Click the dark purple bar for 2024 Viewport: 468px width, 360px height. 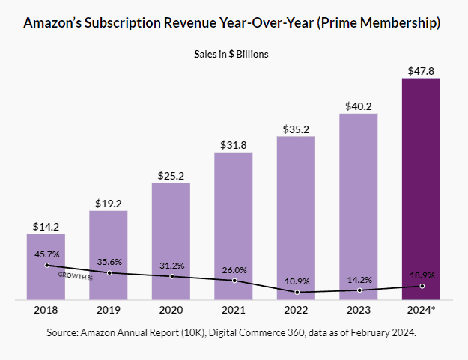[x=421, y=187]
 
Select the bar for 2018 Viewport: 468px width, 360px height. [x=46, y=266]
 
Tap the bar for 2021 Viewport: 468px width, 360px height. [x=234, y=225]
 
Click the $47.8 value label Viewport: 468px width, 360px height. [x=421, y=71]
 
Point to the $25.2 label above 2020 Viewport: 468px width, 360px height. [x=171, y=176]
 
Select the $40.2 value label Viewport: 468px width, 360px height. [x=359, y=106]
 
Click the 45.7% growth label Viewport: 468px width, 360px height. [x=47, y=254]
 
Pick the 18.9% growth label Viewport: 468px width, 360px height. [x=422, y=275]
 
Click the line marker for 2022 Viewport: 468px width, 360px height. [x=297, y=292]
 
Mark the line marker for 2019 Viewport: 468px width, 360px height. [x=109, y=272]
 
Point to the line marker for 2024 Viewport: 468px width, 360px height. [x=422, y=286]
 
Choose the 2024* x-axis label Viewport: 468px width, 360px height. [x=422, y=309]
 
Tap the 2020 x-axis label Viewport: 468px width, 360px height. [x=171, y=309]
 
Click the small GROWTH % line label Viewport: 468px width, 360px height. [x=75, y=275]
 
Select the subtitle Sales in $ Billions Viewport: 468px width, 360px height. [x=233, y=54]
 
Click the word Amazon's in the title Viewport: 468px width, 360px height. [x=53, y=24]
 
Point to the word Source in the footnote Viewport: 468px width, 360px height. [x=64, y=331]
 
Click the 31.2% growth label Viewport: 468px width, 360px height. [x=172, y=265]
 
